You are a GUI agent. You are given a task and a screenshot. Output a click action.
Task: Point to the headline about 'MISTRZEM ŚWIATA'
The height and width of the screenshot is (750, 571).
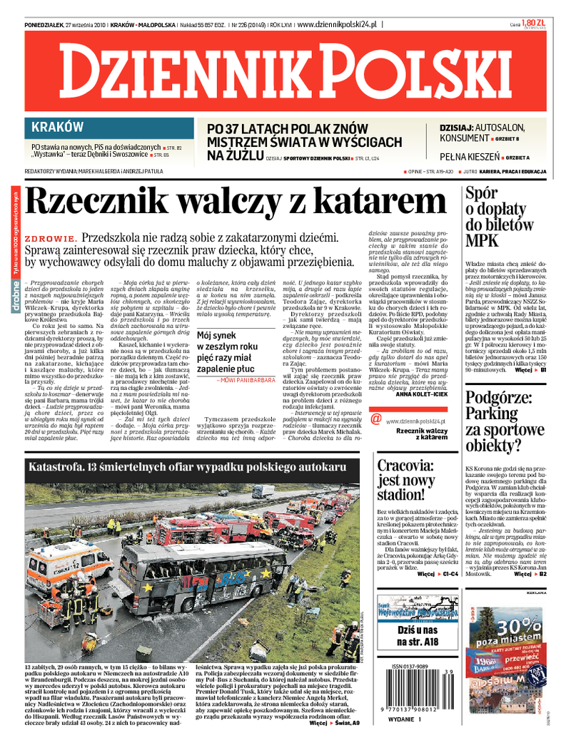305,142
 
